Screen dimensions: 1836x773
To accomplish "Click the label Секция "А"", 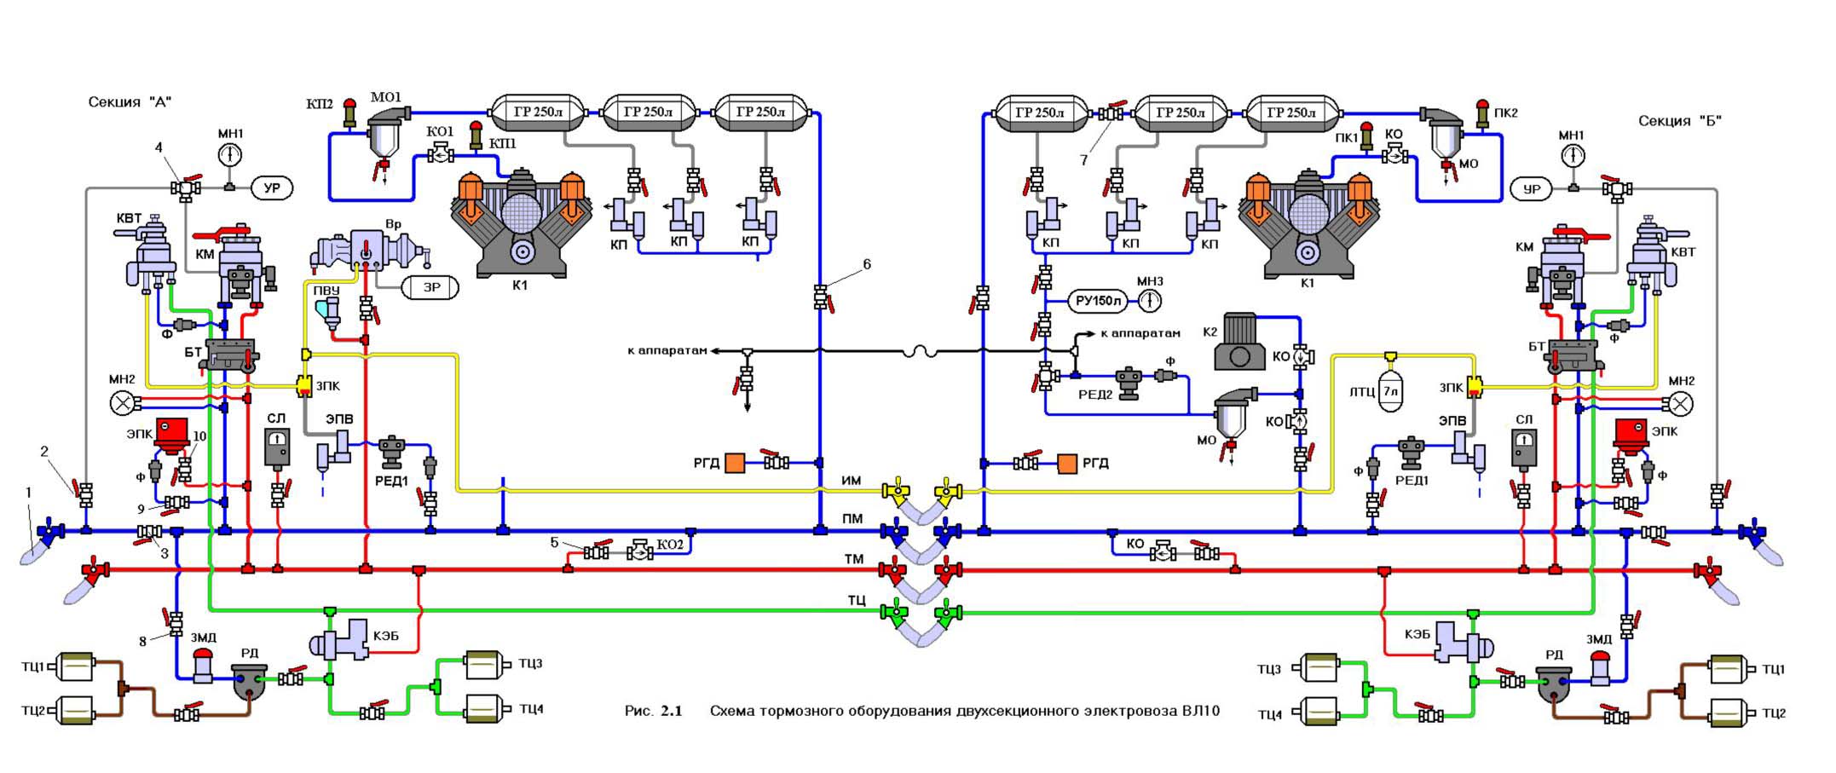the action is pyautogui.click(x=130, y=102).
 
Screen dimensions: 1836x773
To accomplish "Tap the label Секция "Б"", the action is pyautogui.click(x=1679, y=121).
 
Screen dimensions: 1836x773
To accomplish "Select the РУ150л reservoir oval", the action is pyautogui.click(x=1097, y=301).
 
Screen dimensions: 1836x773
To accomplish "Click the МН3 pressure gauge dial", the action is pyautogui.click(x=1150, y=301).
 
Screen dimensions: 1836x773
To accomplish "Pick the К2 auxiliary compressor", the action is pyautogui.click(x=1241, y=341).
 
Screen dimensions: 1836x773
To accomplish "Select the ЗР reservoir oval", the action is pyautogui.click(x=430, y=287).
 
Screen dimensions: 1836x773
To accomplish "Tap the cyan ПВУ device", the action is pyautogui.click(x=327, y=312).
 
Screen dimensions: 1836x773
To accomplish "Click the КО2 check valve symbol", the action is pyautogui.click(x=640, y=552).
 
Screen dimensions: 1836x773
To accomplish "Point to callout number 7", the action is pyautogui.click(x=1083, y=159).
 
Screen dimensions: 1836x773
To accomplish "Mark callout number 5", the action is pyautogui.click(x=554, y=542).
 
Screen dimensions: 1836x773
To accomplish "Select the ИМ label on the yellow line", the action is pyautogui.click(x=852, y=481).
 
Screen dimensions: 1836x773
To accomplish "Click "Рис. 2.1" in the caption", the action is pyautogui.click(x=654, y=711).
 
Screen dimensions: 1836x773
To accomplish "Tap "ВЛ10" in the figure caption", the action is pyautogui.click(x=1200, y=711).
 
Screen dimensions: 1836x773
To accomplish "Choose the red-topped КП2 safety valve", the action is pyautogui.click(x=349, y=113).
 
